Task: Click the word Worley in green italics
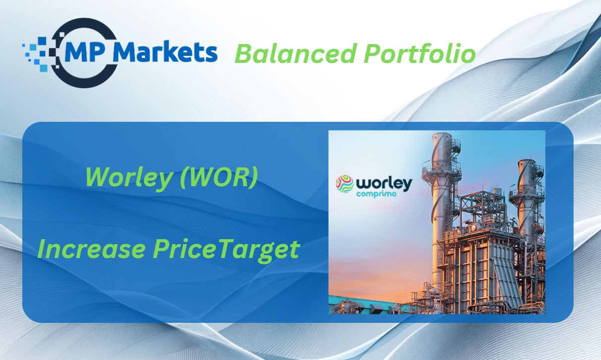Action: tap(129, 178)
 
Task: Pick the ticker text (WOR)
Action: tap(219, 177)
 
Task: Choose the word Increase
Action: tap(92, 249)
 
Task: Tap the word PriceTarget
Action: tap(226, 250)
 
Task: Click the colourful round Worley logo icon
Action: tap(345, 184)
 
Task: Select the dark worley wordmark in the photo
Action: tap(384, 184)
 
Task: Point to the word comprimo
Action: tap(377, 194)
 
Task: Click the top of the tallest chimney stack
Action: tap(441, 134)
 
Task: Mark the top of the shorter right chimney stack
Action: tap(527, 161)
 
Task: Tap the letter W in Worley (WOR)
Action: tap(100, 177)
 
